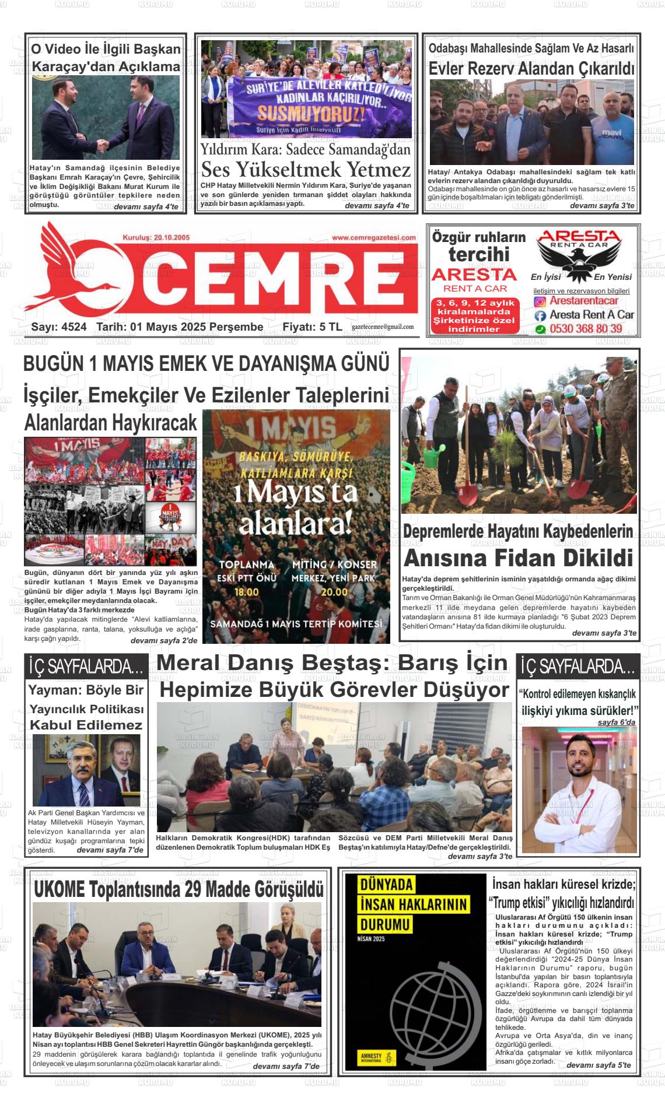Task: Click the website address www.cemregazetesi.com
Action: click(374, 237)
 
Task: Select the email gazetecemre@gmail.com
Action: click(383, 327)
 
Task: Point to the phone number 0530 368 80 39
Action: click(586, 329)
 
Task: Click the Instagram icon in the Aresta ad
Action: click(541, 301)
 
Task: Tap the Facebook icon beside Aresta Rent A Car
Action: click(541, 315)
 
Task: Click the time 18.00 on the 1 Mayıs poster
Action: click(246, 592)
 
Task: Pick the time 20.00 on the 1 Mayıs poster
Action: click(334, 592)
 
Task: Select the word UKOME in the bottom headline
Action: click(59, 890)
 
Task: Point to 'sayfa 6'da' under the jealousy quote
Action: click(616, 723)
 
